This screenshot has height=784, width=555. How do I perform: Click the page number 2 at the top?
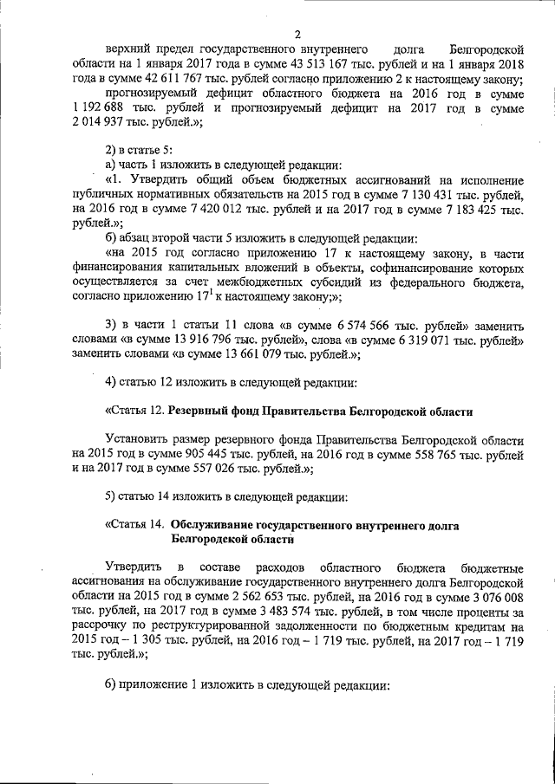point(297,35)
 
